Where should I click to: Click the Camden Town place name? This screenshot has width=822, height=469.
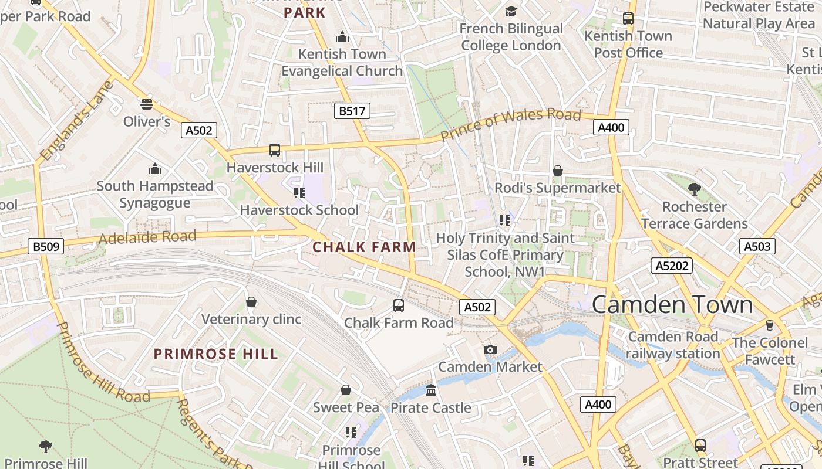point(672,305)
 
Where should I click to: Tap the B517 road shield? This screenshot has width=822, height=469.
point(352,111)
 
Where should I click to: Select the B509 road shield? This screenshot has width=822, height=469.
point(46,246)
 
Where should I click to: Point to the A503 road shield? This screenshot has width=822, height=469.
point(757,246)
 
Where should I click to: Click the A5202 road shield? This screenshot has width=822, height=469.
point(672,266)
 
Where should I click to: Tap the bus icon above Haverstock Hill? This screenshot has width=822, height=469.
point(275,150)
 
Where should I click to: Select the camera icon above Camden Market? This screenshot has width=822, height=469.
point(490,350)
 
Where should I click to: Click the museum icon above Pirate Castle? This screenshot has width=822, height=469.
point(431,390)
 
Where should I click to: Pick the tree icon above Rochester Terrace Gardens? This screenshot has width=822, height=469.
point(694,189)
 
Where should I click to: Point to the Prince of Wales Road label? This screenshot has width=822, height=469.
point(510,124)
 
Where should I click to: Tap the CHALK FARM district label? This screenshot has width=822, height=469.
point(364,247)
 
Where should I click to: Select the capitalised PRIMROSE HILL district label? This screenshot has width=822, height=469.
point(215,354)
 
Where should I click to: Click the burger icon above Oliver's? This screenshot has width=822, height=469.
point(147,104)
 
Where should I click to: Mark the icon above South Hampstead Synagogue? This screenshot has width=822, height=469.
point(155,169)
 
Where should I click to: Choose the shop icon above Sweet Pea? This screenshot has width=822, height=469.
point(346,390)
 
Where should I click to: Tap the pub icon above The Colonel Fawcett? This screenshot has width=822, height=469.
point(769,325)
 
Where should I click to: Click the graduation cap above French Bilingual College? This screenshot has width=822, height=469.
point(511,12)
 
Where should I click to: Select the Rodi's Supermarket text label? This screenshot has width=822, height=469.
point(557,188)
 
